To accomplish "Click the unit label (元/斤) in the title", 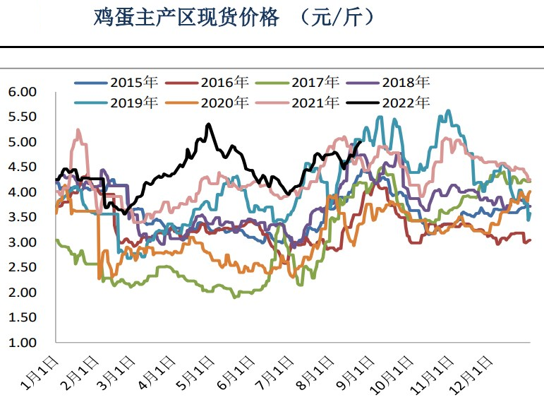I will tap(337, 18).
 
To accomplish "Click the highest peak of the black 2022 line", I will tap(209, 124).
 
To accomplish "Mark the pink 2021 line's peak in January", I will tap(78, 130).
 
